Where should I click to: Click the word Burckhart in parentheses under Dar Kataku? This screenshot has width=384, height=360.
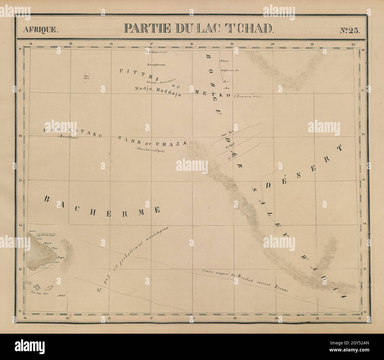click(69, 137)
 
